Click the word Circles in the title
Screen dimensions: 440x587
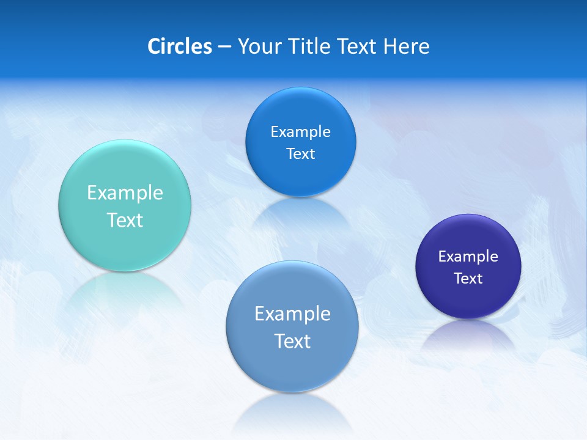[179, 46]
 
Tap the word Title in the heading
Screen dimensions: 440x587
[311, 46]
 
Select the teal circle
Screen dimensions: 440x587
[125, 244]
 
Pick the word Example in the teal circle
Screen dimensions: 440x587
[125, 193]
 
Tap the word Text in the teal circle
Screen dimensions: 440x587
[125, 220]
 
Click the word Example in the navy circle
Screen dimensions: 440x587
[468, 257]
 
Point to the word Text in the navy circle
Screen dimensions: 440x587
[468, 279]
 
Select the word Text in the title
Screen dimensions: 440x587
[358, 46]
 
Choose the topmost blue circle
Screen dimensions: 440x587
[301, 177]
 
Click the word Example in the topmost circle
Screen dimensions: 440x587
[301, 132]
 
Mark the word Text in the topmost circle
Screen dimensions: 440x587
[301, 154]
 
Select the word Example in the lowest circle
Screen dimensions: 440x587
[292, 314]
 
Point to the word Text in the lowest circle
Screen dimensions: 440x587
[292, 341]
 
